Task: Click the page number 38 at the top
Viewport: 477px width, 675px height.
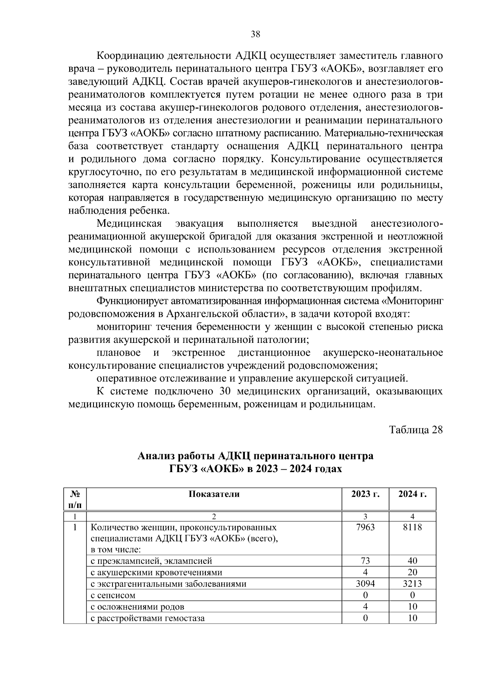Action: pos(256,34)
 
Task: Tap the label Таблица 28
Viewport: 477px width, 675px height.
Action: pos(416,430)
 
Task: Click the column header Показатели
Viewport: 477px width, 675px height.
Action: pos(214,494)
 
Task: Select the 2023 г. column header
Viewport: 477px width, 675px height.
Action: pos(365,494)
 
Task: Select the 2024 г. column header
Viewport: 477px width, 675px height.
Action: pos(413,494)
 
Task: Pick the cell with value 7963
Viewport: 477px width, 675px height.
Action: pos(365,527)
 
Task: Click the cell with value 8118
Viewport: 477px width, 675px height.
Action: pos(413,527)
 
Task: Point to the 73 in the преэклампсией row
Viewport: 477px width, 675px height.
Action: pos(365,561)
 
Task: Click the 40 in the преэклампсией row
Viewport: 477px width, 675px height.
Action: pos(413,561)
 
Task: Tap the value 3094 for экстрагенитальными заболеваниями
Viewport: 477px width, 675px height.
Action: pos(365,584)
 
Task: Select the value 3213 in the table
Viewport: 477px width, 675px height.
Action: pos(413,584)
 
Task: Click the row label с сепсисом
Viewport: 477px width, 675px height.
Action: pos(113,595)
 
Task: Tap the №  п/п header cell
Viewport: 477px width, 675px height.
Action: pos(75,499)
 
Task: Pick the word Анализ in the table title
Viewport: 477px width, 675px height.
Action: pos(156,456)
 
